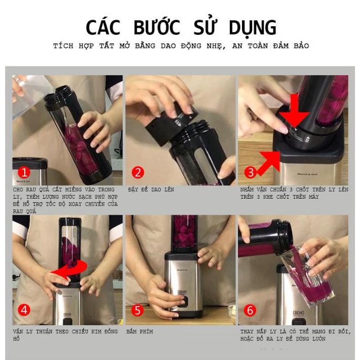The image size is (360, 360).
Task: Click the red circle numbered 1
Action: tap(24, 172)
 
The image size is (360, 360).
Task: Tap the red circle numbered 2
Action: tap(138, 172)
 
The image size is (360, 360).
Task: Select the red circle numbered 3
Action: tap(250, 172)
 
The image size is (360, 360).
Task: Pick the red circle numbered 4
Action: tap(24, 310)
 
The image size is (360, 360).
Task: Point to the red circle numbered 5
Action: tap(137, 310)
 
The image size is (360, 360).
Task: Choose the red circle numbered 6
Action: tap(250, 310)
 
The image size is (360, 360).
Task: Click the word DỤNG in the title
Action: tap(253, 28)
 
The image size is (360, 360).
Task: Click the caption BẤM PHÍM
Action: tap(140, 331)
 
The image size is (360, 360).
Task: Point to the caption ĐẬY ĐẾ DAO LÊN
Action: tap(151, 190)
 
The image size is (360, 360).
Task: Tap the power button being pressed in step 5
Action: tap(184, 301)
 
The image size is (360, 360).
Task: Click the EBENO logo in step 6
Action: tap(298, 313)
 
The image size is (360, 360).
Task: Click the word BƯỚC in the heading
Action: tap(157, 27)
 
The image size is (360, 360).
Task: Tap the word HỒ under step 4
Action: tap(16, 339)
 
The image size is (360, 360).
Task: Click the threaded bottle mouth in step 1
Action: tap(57, 96)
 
